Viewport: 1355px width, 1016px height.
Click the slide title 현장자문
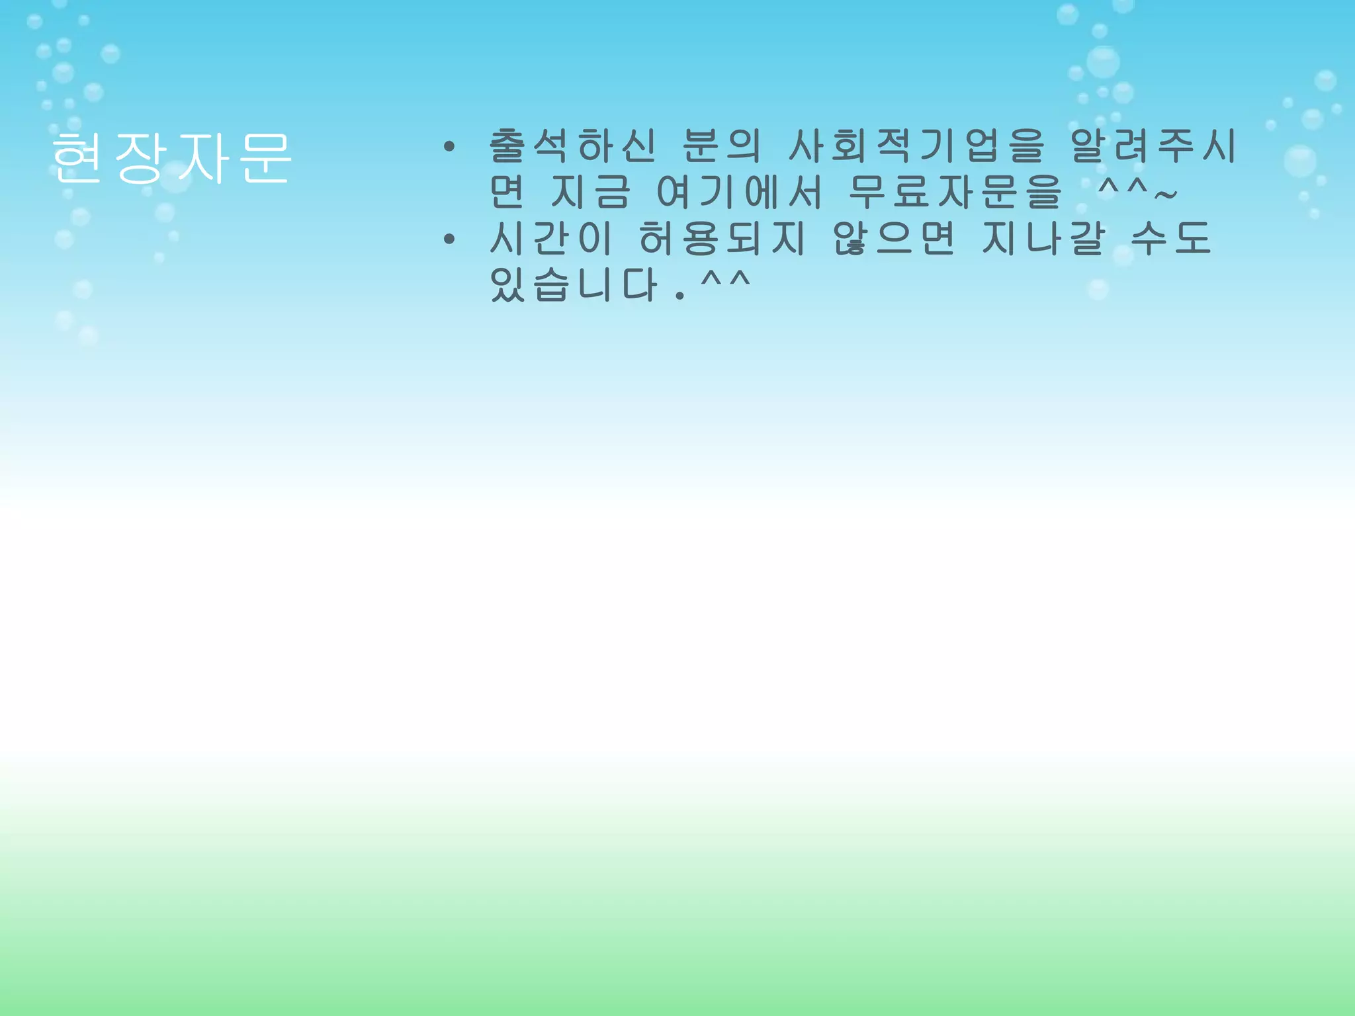point(171,157)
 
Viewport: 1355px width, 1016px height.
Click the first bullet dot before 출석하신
point(449,147)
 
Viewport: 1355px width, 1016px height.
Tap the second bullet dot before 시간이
point(449,239)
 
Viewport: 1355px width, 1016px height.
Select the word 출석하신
point(572,146)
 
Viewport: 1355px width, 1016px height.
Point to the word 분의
point(721,146)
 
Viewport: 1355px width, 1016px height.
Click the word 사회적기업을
point(917,146)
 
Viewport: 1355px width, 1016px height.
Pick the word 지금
point(590,192)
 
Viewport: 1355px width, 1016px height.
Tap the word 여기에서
point(739,192)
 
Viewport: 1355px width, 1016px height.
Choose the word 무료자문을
point(954,192)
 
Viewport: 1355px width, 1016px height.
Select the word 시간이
point(550,238)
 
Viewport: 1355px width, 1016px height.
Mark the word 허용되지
point(722,238)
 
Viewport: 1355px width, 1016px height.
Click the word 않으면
point(893,238)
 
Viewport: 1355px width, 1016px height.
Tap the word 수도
point(1171,238)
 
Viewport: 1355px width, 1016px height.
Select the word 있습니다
point(574,284)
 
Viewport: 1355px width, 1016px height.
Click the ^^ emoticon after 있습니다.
point(725,280)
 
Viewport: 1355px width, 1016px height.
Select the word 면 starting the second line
point(507,192)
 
